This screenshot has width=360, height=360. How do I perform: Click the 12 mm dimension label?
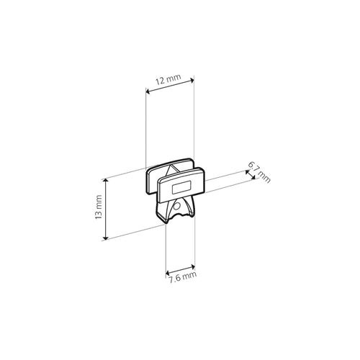coord(168,79)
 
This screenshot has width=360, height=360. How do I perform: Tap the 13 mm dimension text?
coord(99,207)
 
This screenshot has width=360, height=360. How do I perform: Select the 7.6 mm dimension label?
coord(182,278)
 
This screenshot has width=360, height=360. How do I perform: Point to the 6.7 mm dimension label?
coord(259,172)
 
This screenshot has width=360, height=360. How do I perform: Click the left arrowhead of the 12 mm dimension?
coord(148,91)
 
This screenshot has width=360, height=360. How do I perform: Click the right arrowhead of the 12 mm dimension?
coord(192,80)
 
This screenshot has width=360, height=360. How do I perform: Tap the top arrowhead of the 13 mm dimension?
coord(105,181)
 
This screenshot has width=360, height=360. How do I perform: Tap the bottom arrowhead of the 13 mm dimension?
coord(105,238)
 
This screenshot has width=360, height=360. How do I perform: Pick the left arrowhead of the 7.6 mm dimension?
coord(168,273)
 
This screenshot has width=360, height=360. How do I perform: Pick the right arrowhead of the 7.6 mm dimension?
coord(193,266)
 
